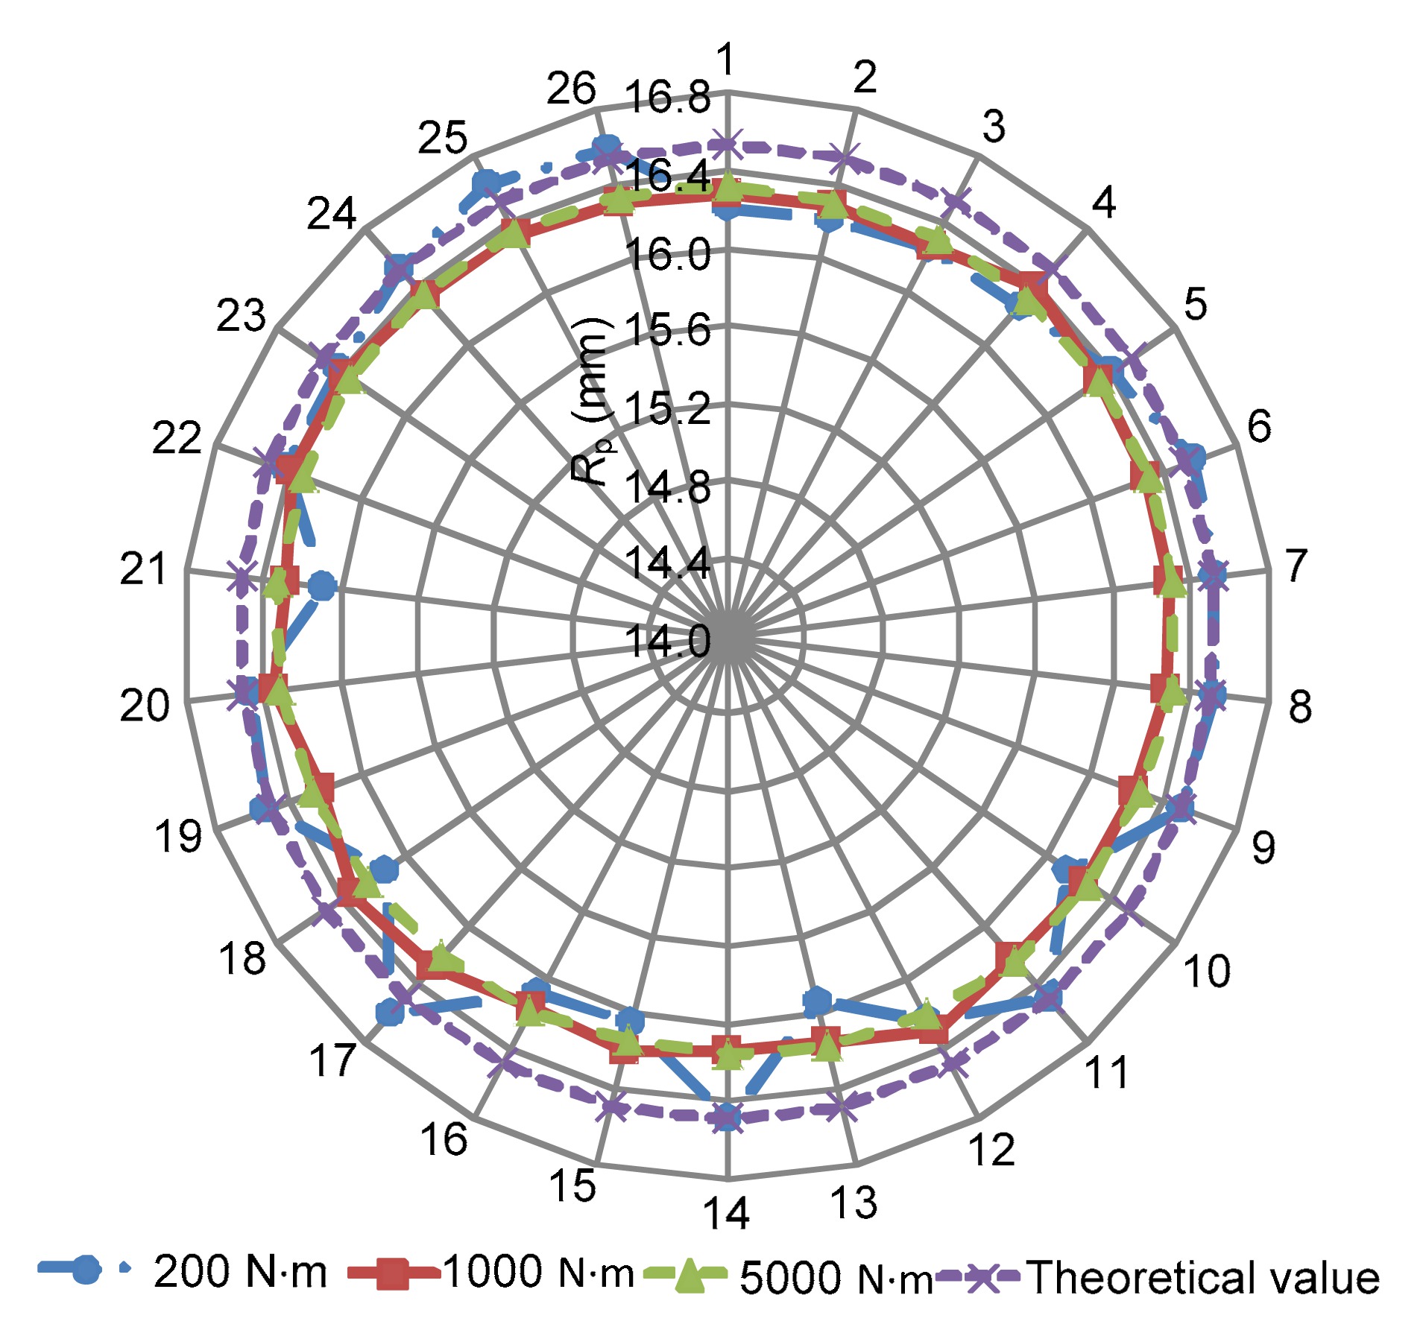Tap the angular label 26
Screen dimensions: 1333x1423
click(x=571, y=89)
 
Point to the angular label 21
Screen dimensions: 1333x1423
click(x=144, y=570)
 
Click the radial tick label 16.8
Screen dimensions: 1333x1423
click(x=668, y=98)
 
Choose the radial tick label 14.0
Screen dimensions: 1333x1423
click(x=668, y=641)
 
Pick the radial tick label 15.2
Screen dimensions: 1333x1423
click(x=668, y=408)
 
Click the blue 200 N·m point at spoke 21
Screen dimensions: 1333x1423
click(x=322, y=586)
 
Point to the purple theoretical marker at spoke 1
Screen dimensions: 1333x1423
click(x=727, y=144)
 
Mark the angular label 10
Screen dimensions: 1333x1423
click(x=1207, y=971)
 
